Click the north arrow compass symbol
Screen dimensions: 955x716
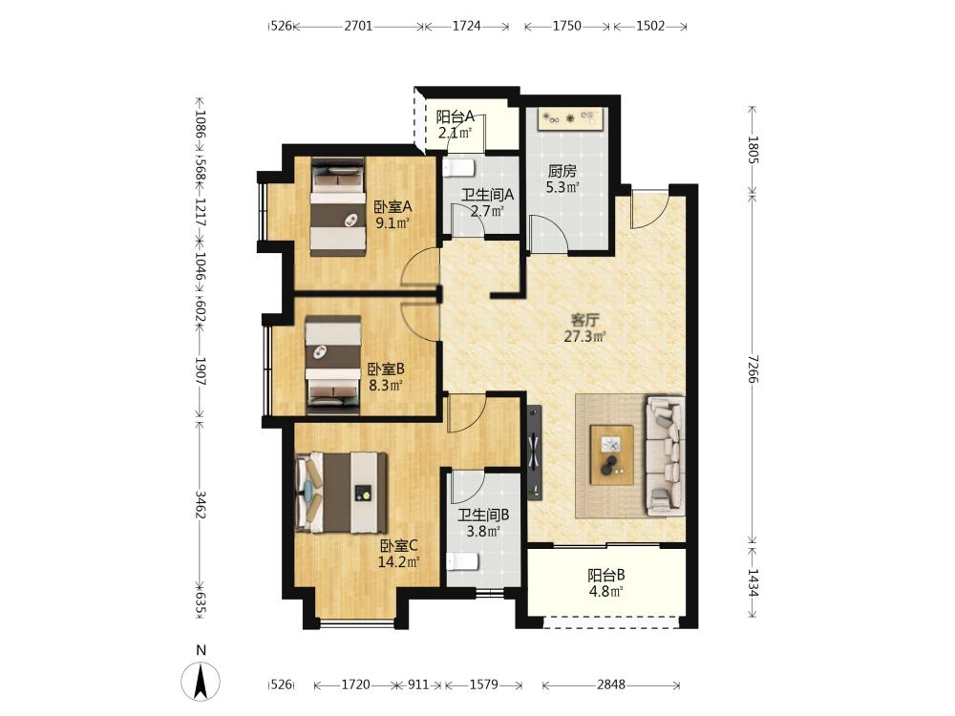[201, 682]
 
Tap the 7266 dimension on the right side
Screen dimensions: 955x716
[753, 369]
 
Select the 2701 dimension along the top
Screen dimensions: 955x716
[358, 26]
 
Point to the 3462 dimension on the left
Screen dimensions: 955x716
[201, 503]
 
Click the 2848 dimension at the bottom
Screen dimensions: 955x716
[611, 684]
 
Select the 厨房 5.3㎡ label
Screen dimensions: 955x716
[562, 179]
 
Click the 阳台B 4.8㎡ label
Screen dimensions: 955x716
[606, 582]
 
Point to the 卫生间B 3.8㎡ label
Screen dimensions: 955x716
[483, 523]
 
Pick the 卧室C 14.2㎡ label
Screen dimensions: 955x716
[399, 554]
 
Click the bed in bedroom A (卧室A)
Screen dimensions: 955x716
[337, 207]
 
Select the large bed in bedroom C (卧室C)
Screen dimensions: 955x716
[341, 493]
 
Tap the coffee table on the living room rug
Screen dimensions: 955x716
[611, 454]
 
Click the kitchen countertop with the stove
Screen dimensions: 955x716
[571, 118]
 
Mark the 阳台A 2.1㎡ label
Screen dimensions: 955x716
[455, 124]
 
